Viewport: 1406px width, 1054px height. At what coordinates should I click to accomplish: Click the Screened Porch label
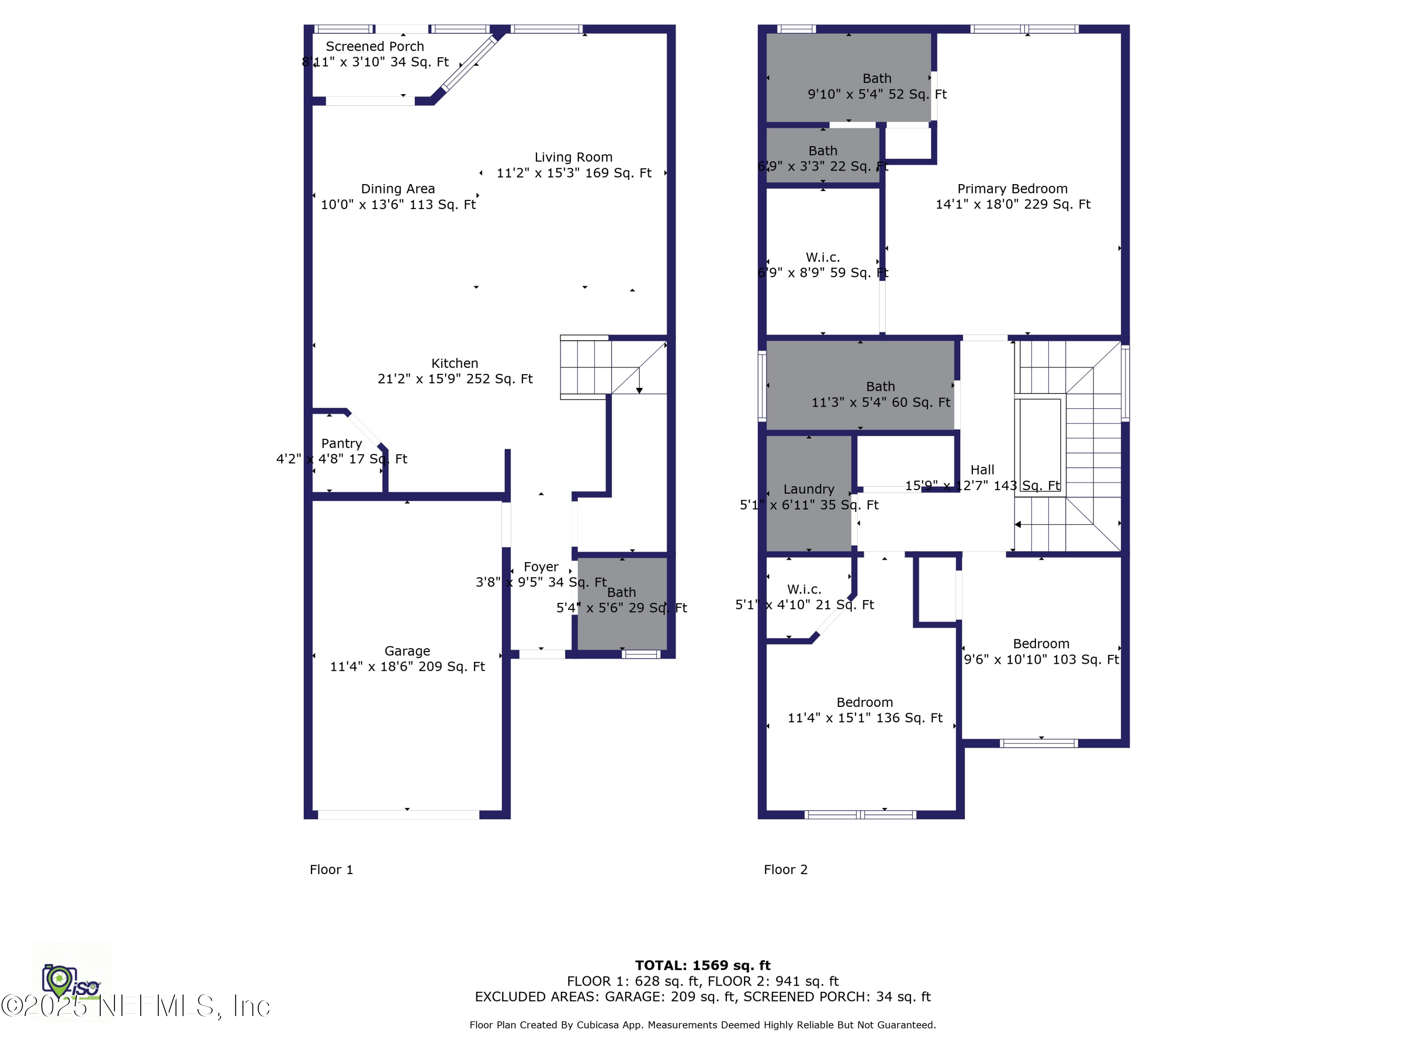pos(374,46)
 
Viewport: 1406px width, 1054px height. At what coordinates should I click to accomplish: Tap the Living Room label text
pos(573,157)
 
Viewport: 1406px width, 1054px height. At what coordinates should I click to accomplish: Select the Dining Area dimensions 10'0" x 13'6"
pos(398,205)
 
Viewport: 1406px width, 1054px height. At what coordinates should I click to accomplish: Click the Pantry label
pos(341,444)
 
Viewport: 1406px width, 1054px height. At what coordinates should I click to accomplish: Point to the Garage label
pos(407,651)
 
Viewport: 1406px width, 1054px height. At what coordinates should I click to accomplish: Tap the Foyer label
pos(541,567)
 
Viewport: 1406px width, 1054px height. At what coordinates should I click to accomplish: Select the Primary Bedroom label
pos(1012,189)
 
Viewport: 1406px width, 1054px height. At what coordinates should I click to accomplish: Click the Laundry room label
pos(808,489)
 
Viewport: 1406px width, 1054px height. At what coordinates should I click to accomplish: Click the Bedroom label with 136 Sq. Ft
pos(864,702)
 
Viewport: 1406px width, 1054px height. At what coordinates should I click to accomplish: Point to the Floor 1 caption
pos(331,870)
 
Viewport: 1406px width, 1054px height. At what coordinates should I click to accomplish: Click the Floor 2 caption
pos(785,870)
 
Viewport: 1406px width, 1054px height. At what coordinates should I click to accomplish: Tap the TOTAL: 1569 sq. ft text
pos(703,965)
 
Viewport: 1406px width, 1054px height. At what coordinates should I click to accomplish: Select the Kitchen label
pos(455,364)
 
